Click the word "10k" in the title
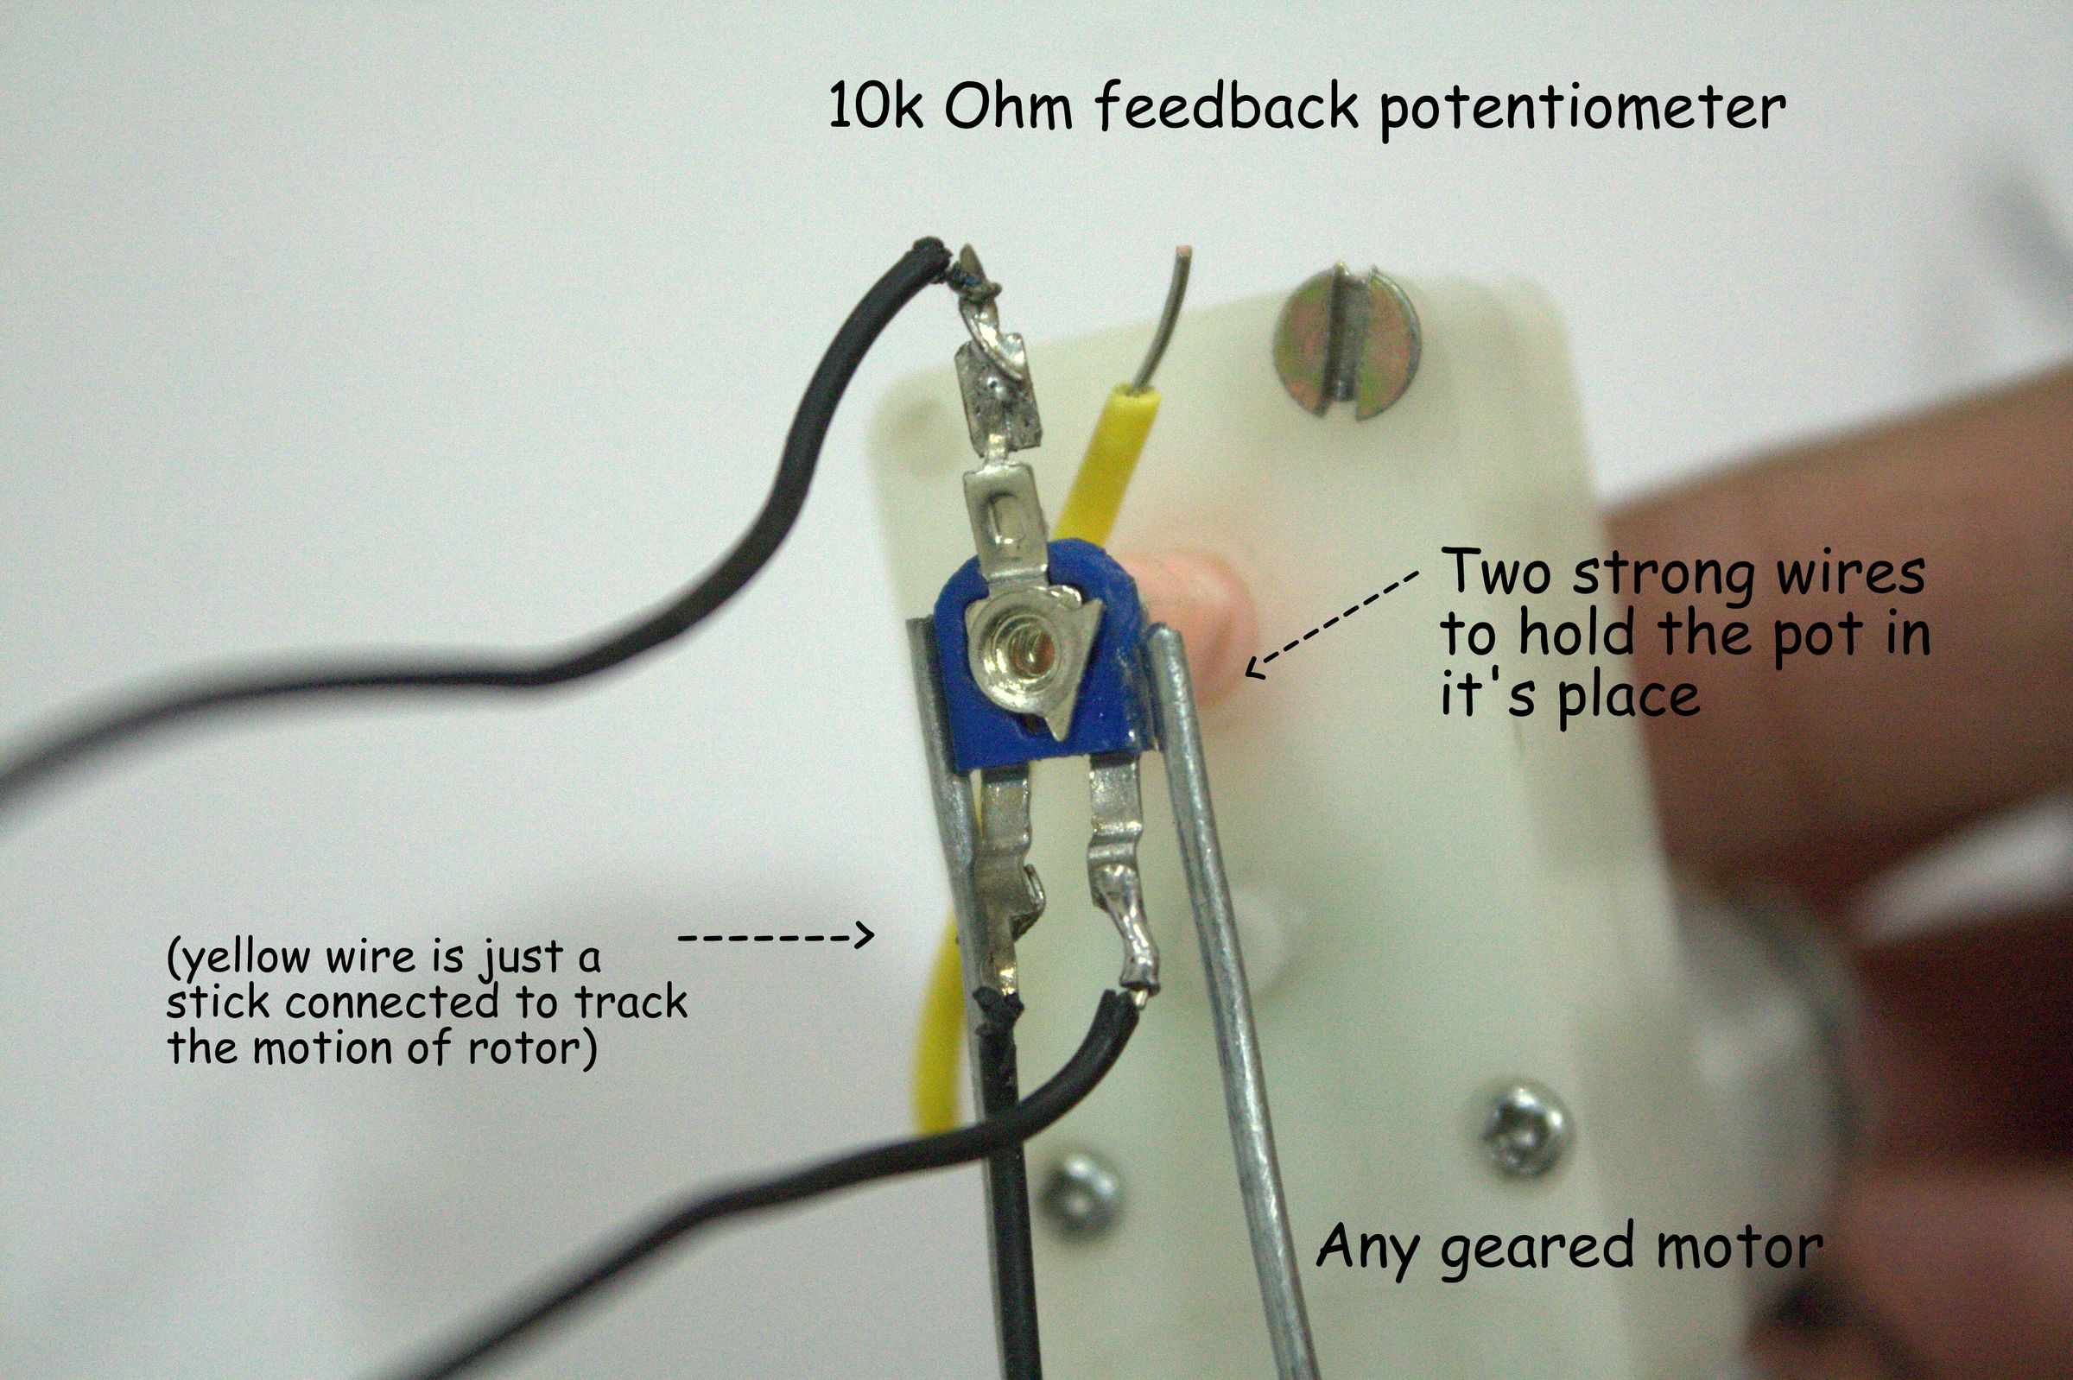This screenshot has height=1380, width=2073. [875, 108]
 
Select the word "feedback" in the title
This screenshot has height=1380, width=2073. [1227, 107]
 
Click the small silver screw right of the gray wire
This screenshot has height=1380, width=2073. [1525, 1131]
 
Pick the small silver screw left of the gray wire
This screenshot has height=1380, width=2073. [1081, 1192]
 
